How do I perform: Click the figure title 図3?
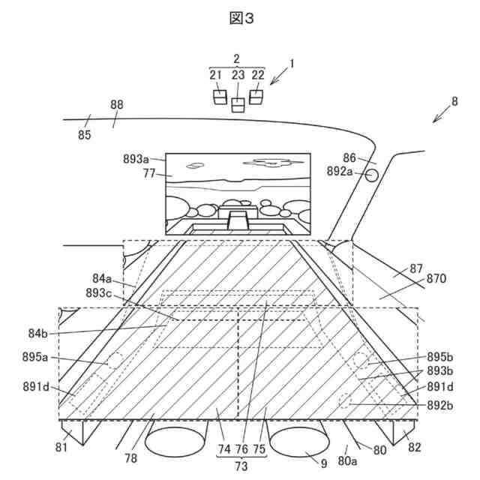(241, 19)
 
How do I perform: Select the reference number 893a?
(136, 159)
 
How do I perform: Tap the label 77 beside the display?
(148, 173)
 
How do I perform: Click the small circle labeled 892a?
(371, 176)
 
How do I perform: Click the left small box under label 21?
(220, 97)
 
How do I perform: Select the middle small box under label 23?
(238, 105)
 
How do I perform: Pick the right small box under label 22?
(256, 97)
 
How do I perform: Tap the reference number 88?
(117, 105)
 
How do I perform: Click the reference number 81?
(61, 448)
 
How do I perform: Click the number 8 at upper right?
(454, 101)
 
